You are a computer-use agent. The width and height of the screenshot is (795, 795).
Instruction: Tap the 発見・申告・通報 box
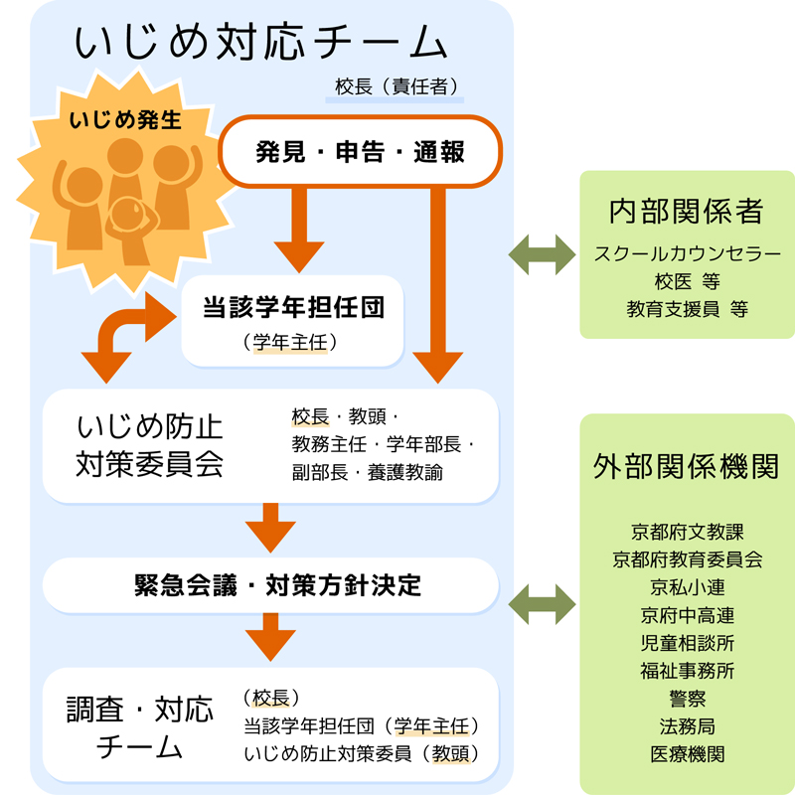pos(360,152)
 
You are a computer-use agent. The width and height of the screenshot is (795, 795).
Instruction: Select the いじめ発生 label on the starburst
pos(125,121)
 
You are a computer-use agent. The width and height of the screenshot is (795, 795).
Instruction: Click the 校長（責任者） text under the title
pos(396,87)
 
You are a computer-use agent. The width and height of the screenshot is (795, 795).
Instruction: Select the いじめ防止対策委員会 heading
pos(149,445)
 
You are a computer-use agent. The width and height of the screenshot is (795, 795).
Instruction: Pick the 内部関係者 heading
pos(686,211)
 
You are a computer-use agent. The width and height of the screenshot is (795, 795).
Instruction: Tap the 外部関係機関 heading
pos(687,468)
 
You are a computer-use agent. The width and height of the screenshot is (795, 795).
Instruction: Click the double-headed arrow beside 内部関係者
pos(542,254)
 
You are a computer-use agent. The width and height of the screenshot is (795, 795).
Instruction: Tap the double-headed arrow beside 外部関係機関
pos(542,602)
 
